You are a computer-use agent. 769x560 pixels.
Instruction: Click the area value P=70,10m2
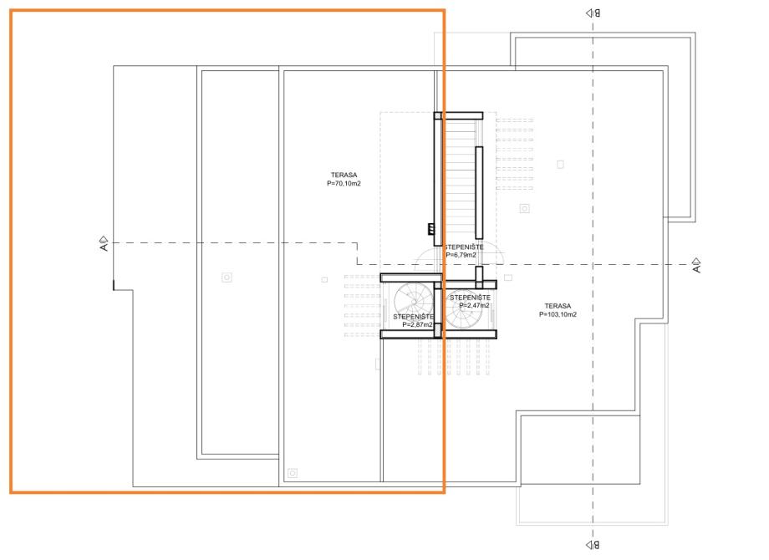pos(344,183)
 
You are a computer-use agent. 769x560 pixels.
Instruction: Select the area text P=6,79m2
pos(462,255)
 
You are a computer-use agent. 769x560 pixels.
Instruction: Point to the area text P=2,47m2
pos(469,306)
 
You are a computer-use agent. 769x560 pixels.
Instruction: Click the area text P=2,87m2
pos(415,325)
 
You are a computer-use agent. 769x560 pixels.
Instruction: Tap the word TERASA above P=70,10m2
pos(344,175)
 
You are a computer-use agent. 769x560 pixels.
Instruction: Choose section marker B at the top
pos(594,13)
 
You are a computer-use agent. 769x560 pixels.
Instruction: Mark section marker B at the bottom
pos(594,546)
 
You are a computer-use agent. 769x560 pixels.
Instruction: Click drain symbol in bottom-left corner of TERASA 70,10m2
pos(292,473)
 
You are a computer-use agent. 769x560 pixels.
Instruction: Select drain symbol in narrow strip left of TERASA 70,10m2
pos(227,277)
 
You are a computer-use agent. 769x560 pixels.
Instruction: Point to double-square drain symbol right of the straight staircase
pos(524,208)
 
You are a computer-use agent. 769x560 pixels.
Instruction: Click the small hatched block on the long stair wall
pos(430,227)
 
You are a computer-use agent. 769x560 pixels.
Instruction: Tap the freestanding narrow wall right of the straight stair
pos(479,193)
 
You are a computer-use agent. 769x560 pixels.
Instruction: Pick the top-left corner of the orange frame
pos(11,10)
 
